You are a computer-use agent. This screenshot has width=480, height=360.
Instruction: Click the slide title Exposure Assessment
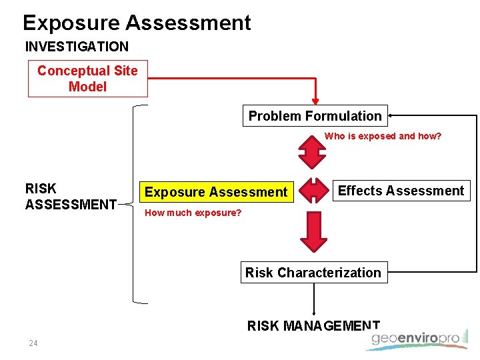tap(137, 23)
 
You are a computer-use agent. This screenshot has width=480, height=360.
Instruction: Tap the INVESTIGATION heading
tap(77, 47)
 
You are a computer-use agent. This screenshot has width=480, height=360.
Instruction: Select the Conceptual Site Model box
tap(87, 79)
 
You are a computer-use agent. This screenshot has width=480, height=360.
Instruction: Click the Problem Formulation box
tap(315, 116)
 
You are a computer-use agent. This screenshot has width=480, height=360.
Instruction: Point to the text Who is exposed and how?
tap(383, 136)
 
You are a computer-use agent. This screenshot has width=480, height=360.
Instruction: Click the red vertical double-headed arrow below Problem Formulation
tap(311, 152)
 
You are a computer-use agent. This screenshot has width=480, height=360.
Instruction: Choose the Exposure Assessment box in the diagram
tap(216, 192)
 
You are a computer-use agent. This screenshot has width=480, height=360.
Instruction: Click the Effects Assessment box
tap(401, 191)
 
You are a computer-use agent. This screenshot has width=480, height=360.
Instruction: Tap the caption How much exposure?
tap(193, 213)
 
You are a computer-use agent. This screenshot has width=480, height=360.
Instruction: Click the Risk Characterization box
tap(313, 273)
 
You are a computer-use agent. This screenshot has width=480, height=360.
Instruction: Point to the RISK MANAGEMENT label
tap(313, 326)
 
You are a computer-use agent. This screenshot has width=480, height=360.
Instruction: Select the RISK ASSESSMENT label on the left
tap(71, 197)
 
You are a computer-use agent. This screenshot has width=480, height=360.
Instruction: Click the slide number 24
tap(33, 343)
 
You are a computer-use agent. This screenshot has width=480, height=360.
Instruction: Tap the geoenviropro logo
tap(417, 339)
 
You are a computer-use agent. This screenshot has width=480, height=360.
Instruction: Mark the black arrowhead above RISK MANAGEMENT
tap(314, 313)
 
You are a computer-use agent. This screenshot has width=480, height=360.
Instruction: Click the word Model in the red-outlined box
tap(87, 87)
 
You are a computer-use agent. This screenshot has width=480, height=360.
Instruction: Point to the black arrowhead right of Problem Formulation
tap(393, 116)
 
